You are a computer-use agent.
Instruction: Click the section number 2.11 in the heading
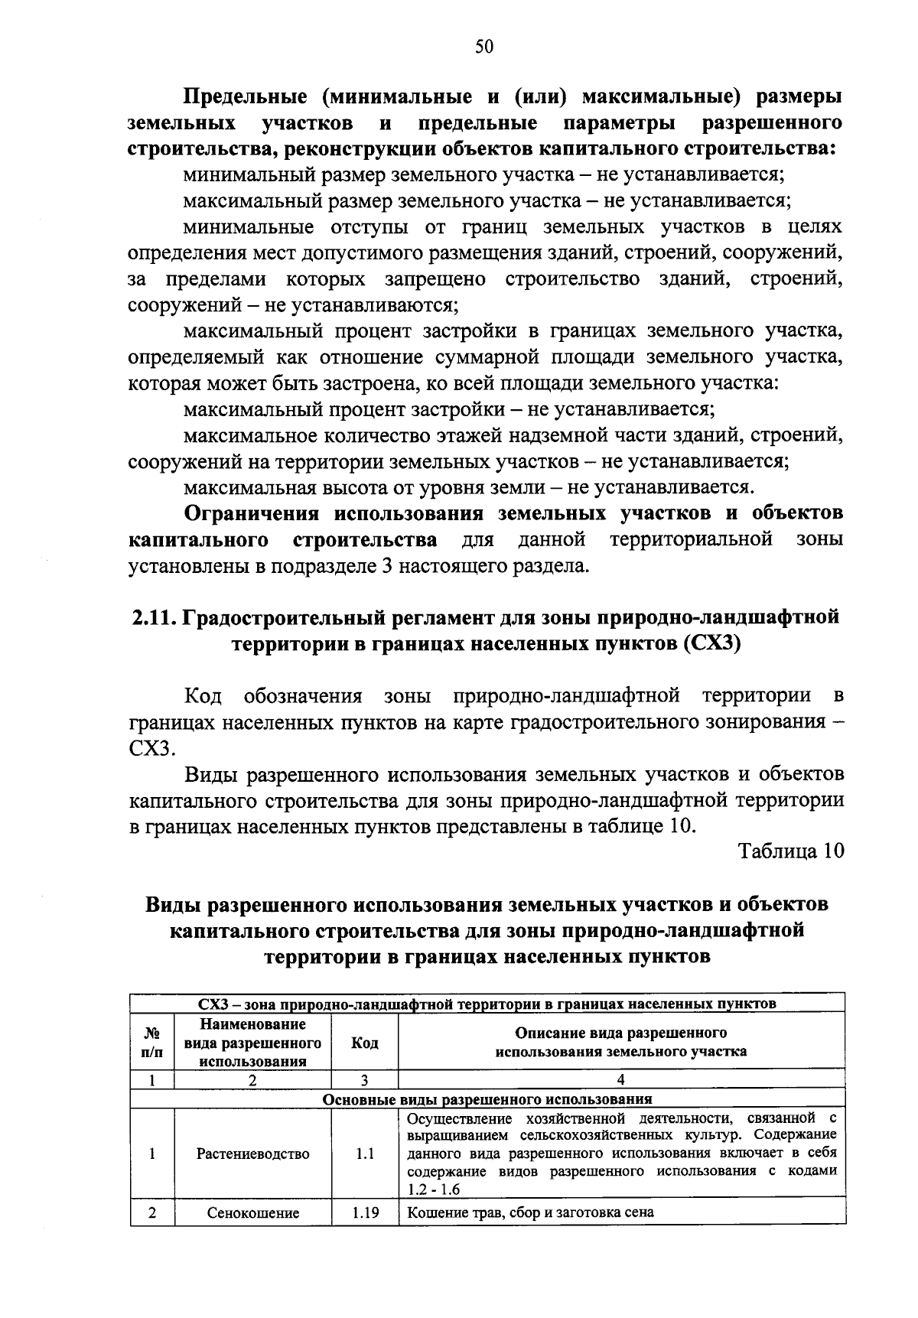coord(152,617)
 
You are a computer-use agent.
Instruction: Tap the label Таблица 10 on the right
coord(790,851)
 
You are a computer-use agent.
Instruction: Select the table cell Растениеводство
coord(252,1154)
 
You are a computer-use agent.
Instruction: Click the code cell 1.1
coord(365,1154)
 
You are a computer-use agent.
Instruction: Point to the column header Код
coord(364,1043)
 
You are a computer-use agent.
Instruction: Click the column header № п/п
coord(152,1043)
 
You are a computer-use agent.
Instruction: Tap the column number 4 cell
coord(620,1080)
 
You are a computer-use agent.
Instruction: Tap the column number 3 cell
coord(364,1080)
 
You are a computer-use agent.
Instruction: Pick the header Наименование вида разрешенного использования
coord(252,1043)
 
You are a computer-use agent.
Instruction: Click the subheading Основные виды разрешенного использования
coord(487,1099)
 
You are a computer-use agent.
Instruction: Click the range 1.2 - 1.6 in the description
coord(434,1190)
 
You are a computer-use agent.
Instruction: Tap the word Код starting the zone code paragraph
coord(203,696)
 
